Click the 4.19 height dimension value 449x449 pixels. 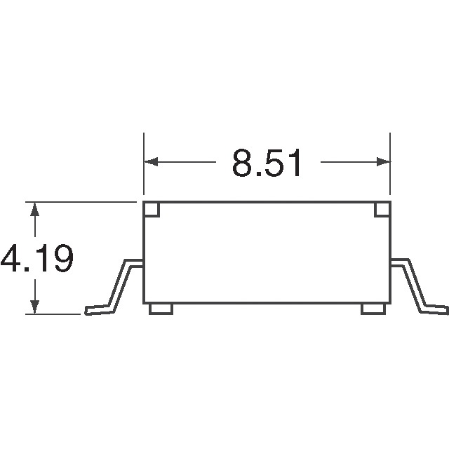click(x=36, y=260)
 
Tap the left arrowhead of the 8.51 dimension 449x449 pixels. click(x=150, y=163)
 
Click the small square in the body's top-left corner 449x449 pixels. click(x=152, y=210)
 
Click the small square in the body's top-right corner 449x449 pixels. click(x=382, y=210)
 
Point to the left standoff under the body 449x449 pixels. click(x=161, y=309)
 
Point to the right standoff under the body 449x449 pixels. click(x=373, y=309)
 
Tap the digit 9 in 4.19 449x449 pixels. click(x=61, y=260)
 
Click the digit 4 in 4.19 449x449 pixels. click(x=11, y=260)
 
